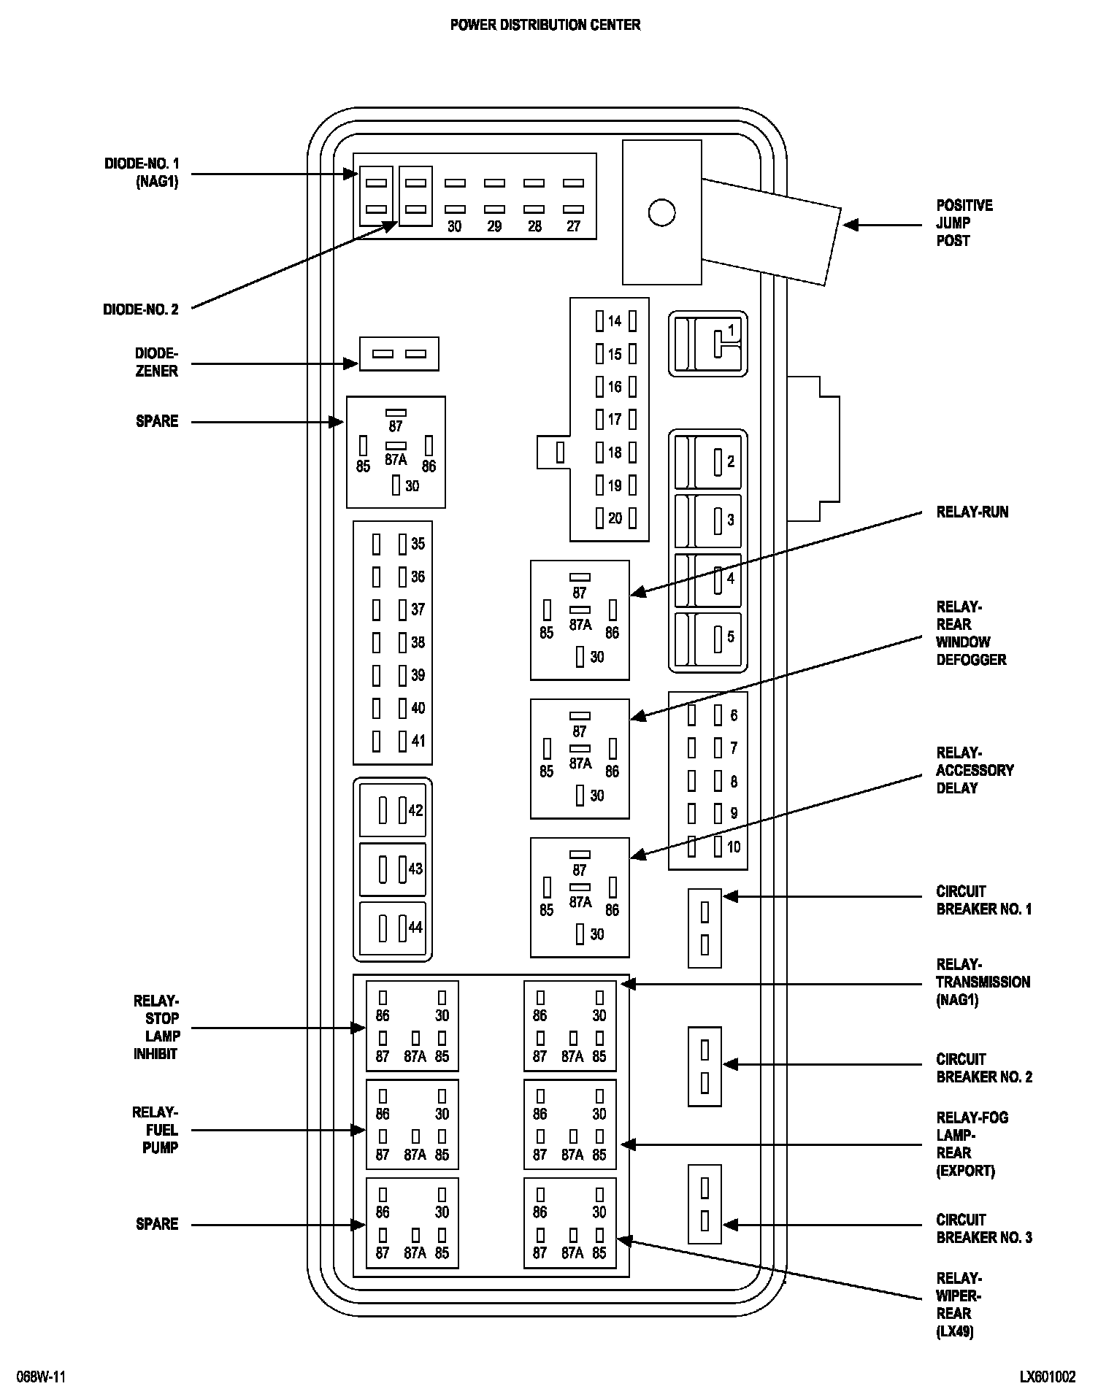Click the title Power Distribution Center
pos(545,25)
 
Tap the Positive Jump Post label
pos(964,223)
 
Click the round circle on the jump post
pos(661,212)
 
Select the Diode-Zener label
pos(156,362)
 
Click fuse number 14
pos(615,321)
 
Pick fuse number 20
pos(615,518)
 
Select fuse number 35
pos(418,544)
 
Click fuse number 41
pos(418,741)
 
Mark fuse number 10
pos(733,847)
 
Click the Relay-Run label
pos(972,512)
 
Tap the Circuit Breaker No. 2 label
pos(984,1068)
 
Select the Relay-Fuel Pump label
pos(156,1130)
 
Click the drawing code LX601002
pos(1048,1377)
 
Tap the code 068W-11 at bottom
pos(42,1377)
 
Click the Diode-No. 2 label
pos(140,309)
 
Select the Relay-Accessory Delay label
pos(975,770)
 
